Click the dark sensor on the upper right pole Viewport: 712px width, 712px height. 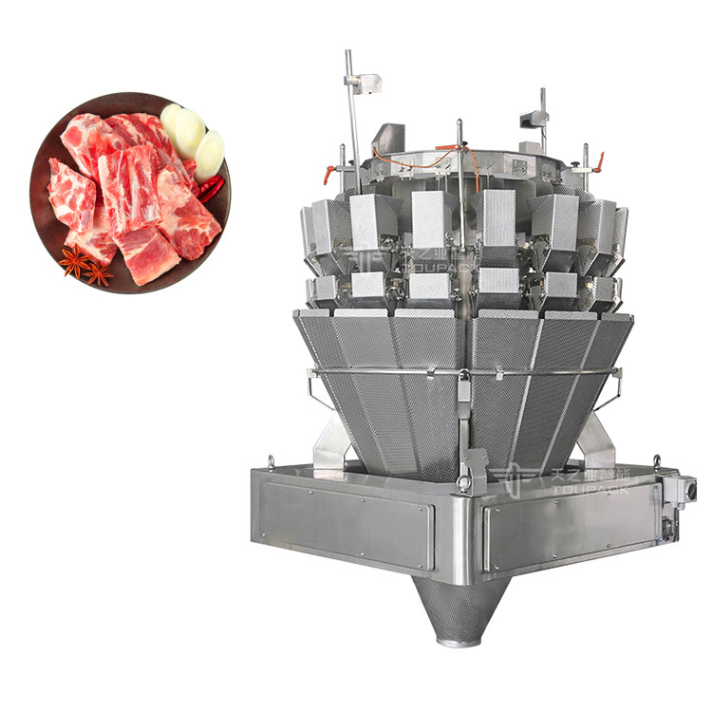click(x=533, y=121)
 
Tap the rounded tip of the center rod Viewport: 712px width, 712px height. click(x=459, y=123)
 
